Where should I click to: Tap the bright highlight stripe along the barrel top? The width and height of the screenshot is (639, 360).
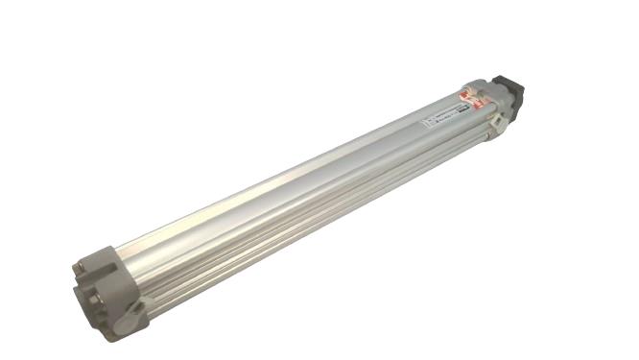point(288,173)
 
